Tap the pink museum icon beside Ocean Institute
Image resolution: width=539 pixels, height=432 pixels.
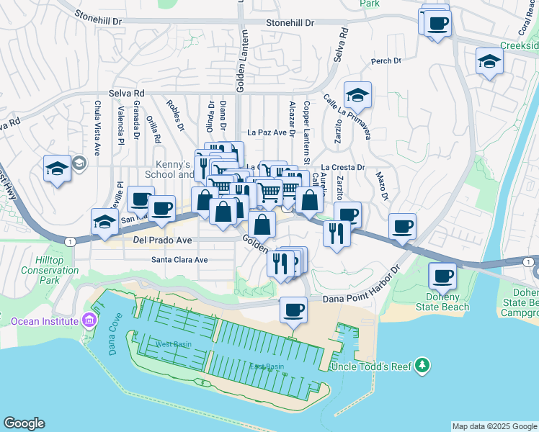(x=89, y=319)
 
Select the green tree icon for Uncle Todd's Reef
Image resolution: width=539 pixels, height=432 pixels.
(x=423, y=366)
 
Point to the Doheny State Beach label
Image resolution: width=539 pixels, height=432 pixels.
(x=446, y=302)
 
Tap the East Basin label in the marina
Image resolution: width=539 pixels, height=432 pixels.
(x=267, y=366)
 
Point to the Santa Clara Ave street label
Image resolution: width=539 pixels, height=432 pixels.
(x=179, y=259)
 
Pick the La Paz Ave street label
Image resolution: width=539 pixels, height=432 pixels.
(x=267, y=132)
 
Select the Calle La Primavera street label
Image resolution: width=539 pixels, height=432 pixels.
(x=347, y=117)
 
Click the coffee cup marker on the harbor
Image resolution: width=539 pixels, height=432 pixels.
(x=293, y=310)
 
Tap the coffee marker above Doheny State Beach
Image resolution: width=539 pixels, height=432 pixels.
(x=442, y=275)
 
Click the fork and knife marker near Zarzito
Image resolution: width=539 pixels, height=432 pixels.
(x=337, y=233)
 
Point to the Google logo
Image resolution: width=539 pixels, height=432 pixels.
(x=24, y=423)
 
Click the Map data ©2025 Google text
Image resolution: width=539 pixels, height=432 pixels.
(x=494, y=426)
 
